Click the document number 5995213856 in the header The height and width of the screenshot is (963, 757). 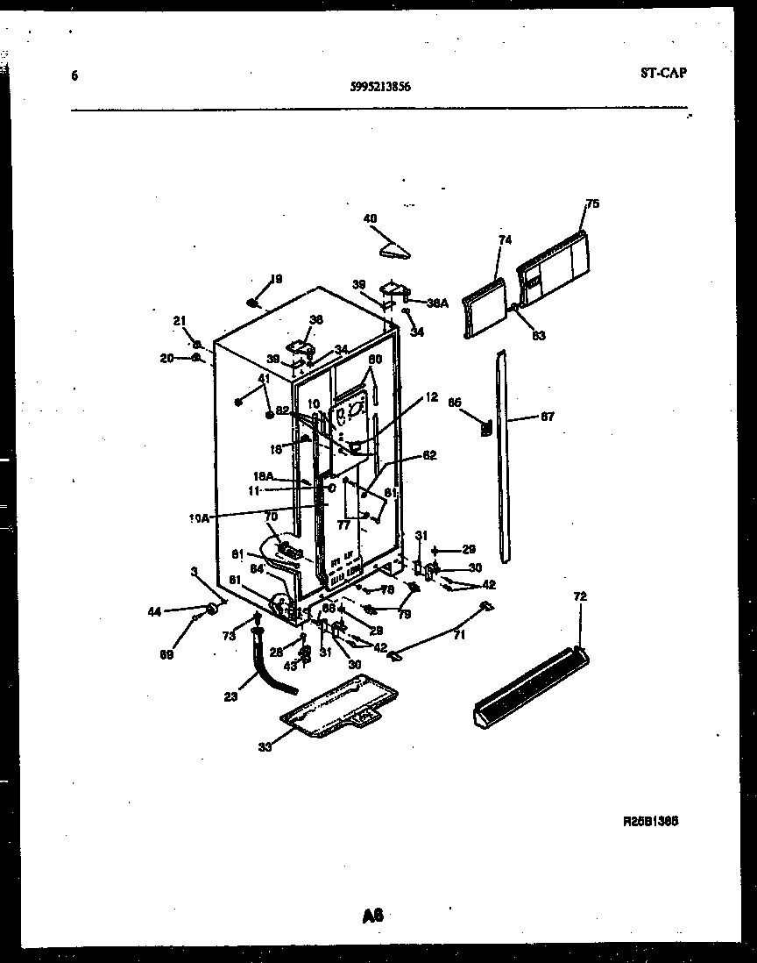(x=380, y=87)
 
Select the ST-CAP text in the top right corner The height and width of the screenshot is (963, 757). (x=663, y=73)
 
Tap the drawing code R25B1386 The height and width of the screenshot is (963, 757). (x=651, y=821)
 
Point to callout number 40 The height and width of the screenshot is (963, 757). (x=370, y=218)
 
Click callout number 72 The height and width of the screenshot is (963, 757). (x=580, y=596)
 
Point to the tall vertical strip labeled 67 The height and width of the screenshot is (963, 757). (x=502, y=456)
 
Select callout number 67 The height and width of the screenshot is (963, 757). (x=547, y=417)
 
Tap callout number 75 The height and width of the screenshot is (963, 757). (x=592, y=204)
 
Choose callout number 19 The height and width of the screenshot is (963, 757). (x=276, y=279)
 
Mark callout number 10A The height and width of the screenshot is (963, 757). (x=199, y=518)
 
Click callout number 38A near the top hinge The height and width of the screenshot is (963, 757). (x=437, y=303)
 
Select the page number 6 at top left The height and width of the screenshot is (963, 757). (x=74, y=75)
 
